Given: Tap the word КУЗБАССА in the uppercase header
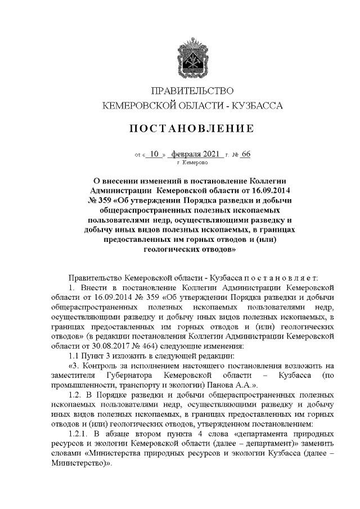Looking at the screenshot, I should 256,105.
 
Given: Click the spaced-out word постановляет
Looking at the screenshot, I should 274,278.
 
